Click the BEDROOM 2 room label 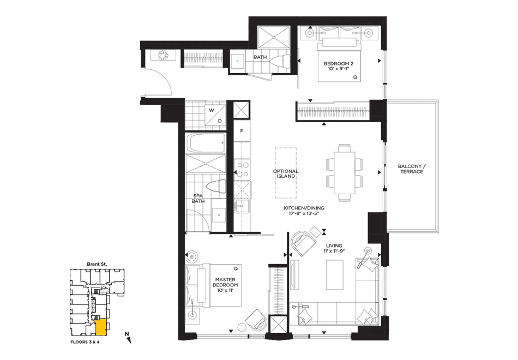(x=339, y=63)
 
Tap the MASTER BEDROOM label (x=225, y=282)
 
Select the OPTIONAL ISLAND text (x=286, y=173)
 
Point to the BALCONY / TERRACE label (x=412, y=169)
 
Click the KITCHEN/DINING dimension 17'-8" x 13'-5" (x=304, y=213)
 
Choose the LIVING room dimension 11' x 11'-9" (x=334, y=251)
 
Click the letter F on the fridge (x=242, y=131)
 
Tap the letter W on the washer (x=212, y=110)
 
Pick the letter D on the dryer (x=220, y=121)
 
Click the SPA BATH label (x=198, y=199)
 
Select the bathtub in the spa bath (x=206, y=142)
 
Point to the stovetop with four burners (x=242, y=169)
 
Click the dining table (x=344, y=173)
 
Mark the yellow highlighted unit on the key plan (x=100, y=327)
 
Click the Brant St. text (x=97, y=264)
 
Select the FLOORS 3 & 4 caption (x=85, y=342)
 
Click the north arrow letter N (x=126, y=334)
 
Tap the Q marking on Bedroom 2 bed (x=355, y=77)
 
